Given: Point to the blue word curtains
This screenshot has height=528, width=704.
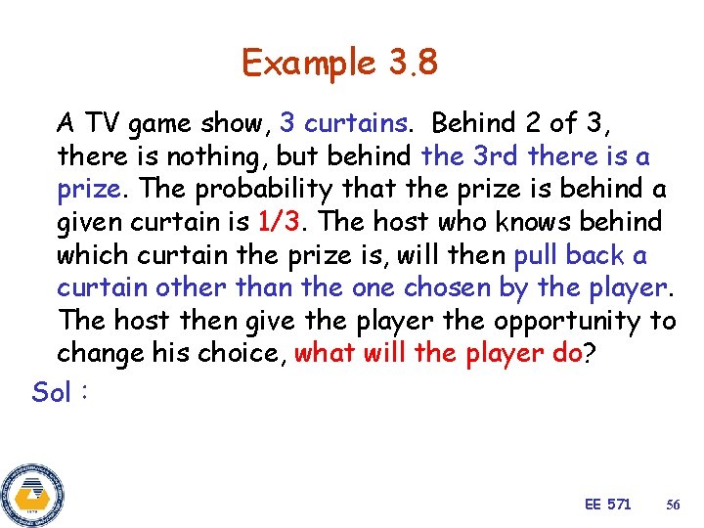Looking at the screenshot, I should pos(356,123).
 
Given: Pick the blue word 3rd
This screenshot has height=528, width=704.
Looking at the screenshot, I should pos(496,156).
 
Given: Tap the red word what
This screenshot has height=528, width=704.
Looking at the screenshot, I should pos(325,353).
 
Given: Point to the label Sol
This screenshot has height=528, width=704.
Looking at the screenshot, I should pos(51,392).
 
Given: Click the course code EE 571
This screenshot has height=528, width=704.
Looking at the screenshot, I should pos(607,505).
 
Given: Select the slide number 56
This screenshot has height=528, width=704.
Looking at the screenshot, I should pos(673,505).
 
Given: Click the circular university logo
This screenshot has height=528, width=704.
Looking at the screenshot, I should pos(32,496).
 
